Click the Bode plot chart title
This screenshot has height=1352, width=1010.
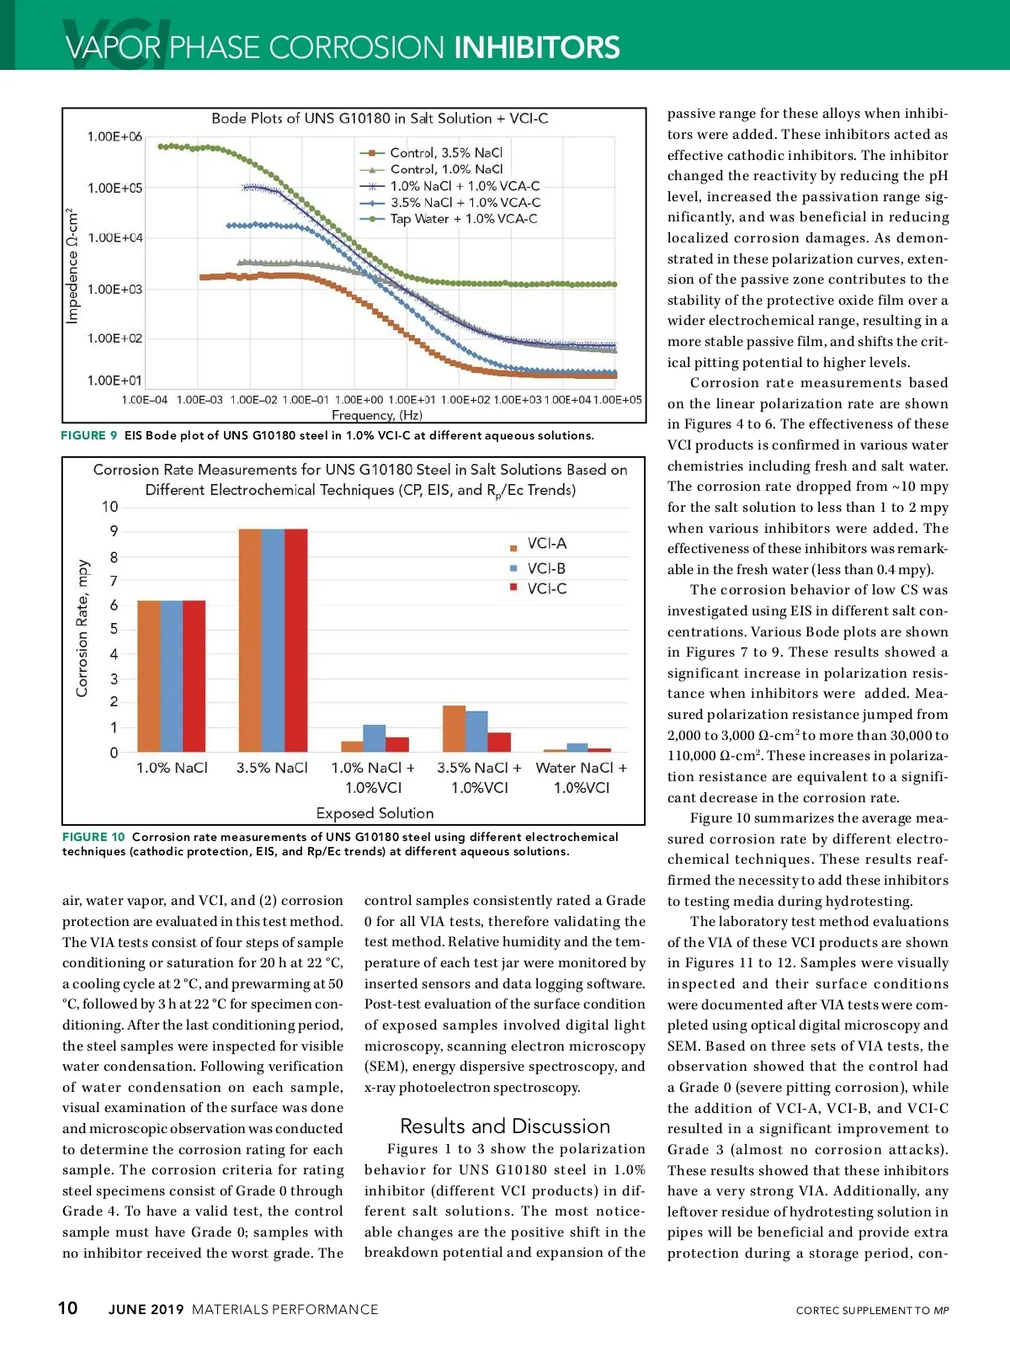380,119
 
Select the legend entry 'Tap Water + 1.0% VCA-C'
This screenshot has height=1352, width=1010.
463,219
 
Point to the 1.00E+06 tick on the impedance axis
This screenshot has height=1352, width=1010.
114,136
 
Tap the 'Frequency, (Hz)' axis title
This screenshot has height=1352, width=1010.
377,415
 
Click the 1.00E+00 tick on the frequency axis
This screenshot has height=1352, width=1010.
359,400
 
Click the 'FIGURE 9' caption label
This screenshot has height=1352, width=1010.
89,435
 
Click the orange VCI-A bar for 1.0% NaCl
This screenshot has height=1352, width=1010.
149,676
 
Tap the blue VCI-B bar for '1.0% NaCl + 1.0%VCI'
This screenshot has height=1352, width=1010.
375,738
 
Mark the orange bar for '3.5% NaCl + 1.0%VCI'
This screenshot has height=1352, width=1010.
454,729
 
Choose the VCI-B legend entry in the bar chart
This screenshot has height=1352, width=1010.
546,568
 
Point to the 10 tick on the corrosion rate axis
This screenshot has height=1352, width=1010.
110,507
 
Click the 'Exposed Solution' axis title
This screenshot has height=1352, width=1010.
375,813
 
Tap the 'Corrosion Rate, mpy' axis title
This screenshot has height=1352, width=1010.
82,628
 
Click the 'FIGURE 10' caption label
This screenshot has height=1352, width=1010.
93,837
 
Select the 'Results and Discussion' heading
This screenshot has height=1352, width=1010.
505,1126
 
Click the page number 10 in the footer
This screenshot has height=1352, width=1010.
67,1307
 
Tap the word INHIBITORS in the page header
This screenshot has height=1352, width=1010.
537,48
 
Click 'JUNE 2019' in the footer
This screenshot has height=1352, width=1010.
146,1309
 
